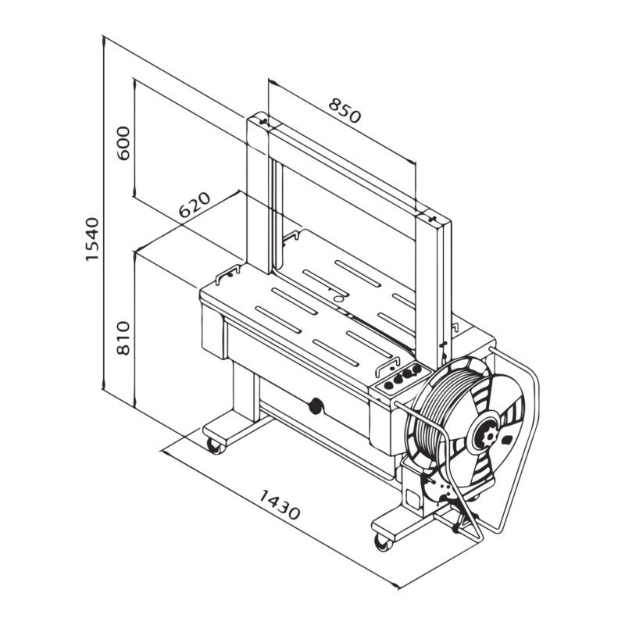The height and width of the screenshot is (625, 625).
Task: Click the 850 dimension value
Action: pyautogui.click(x=345, y=111)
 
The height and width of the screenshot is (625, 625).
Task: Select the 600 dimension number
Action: pyautogui.click(x=123, y=143)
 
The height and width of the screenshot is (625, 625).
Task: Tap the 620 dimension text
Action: pyautogui.click(x=195, y=205)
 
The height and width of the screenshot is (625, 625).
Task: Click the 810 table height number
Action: pyautogui.click(x=123, y=337)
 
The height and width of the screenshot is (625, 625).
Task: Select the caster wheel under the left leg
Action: pyautogui.click(x=213, y=445)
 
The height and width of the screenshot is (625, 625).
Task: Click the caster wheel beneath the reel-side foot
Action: pyautogui.click(x=382, y=541)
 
